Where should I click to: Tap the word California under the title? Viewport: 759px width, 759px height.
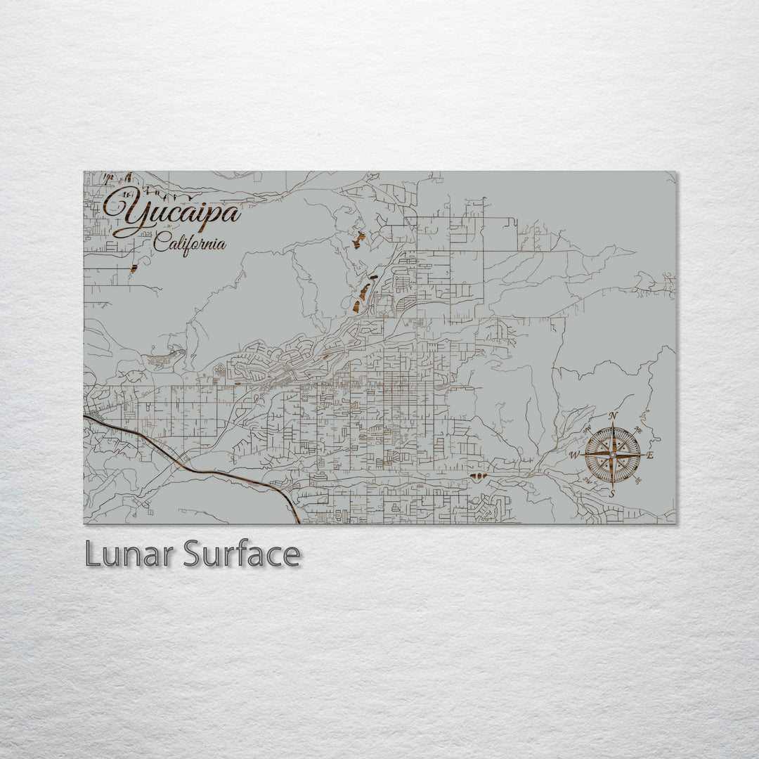190,245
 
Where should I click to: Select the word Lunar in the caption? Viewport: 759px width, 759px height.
129,554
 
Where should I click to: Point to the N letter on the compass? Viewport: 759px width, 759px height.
613,416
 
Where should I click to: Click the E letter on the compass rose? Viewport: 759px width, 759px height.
650,455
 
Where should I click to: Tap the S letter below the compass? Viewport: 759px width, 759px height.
612,494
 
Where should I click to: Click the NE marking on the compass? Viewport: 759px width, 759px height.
638,429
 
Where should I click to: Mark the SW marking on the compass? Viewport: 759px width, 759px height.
586,481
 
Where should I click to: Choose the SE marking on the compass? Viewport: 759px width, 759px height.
638,481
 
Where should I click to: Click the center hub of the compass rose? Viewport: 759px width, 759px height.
612,455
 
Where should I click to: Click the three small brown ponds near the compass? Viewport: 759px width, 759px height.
478,477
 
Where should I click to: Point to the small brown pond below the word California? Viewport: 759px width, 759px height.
134,268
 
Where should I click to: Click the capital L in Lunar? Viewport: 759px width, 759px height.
92,554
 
